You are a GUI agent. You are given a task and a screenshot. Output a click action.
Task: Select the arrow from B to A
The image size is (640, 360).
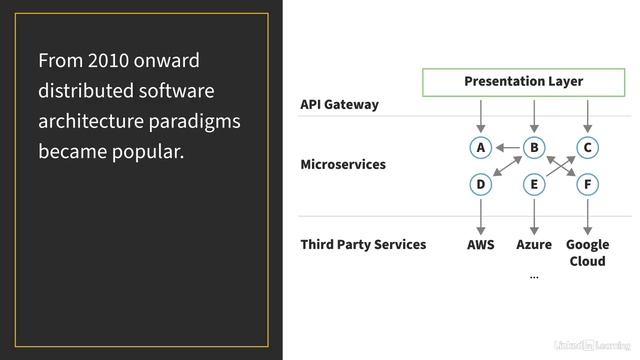[508, 147]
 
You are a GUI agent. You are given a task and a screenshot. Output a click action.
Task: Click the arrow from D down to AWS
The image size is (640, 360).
[481, 217]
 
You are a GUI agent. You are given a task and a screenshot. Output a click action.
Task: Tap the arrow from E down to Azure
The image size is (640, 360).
[534, 217]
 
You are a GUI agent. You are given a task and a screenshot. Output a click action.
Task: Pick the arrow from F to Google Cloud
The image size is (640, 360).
[587, 217]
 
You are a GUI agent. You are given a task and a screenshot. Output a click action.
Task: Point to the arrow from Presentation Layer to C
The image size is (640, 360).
[587, 116]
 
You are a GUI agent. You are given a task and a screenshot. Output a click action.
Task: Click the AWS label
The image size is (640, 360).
[480, 244]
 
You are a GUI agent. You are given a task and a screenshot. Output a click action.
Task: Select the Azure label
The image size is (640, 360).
[534, 244]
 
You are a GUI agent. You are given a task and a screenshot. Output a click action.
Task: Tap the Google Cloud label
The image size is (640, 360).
[587, 253]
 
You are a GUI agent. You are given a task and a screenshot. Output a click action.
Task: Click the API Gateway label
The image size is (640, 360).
[339, 104]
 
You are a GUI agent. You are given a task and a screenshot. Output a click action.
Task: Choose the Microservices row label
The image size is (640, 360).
[343, 164]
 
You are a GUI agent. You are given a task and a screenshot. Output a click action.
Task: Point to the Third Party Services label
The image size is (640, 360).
[363, 244]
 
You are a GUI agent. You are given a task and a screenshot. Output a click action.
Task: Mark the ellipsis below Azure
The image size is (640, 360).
[534, 278]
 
